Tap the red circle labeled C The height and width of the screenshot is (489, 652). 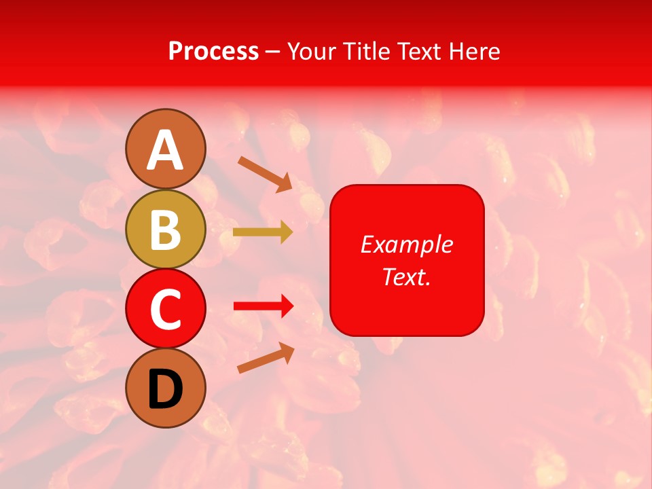pyautogui.click(x=166, y=308)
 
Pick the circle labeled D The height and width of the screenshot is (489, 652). pyautogui.click(x=166, y=388)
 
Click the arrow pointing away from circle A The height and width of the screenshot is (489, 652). pyautogui.click(x=266, y=173)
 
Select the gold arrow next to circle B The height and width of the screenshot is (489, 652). pyautogui.click(x=263, y=232)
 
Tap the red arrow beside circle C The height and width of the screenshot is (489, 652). pyautogui.click(x=264, y=307)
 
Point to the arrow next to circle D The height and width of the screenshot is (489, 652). pyautogui.click(x=266, y=358)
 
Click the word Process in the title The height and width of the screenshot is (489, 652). pyautogui.click(x=213, y=52)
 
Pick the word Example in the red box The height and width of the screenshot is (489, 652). pyautogui.click(x=406, y=244)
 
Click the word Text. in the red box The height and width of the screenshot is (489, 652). pyautogui.click(x=406, y=276)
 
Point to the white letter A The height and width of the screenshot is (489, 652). pyautogui.click(x=166, y=150)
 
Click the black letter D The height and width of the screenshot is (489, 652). pyautogui.click(x=166, y=389)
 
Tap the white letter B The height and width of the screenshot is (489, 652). pyautogui.click(x=166, y=230)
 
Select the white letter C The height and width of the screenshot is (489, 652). pyautogui.click(x=166, y=309)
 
